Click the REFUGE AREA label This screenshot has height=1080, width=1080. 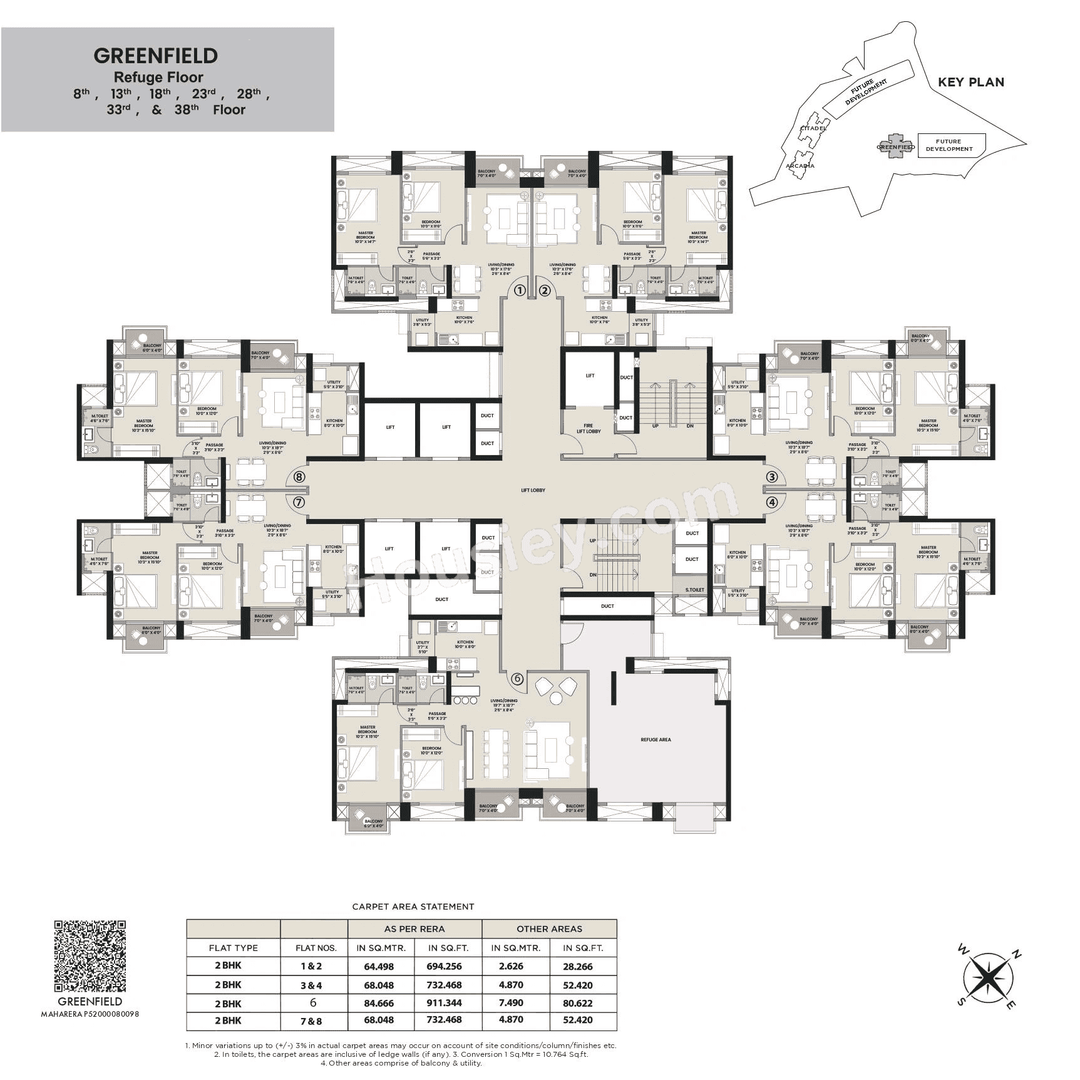coord(656,739)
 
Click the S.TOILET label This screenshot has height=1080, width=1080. coord(694,590)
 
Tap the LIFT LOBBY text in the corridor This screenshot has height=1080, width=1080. coord(533,490)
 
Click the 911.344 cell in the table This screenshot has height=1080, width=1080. coord(444,1002)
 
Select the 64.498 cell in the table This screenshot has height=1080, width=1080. coord(379,966)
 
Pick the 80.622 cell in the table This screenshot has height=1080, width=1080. coord(577,1002)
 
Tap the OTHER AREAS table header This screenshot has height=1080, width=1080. coord(549,928)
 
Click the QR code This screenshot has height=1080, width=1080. coord(90,956)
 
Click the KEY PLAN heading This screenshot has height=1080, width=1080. coord(970,82)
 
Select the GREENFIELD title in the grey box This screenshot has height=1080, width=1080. coord(156,56)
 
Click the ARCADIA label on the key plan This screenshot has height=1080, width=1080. coord(800,166)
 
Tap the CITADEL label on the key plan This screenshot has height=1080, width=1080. coord(813,128)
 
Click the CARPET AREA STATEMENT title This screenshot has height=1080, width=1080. coord(413,906)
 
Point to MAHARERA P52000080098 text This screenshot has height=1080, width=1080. coord(90,1013)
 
